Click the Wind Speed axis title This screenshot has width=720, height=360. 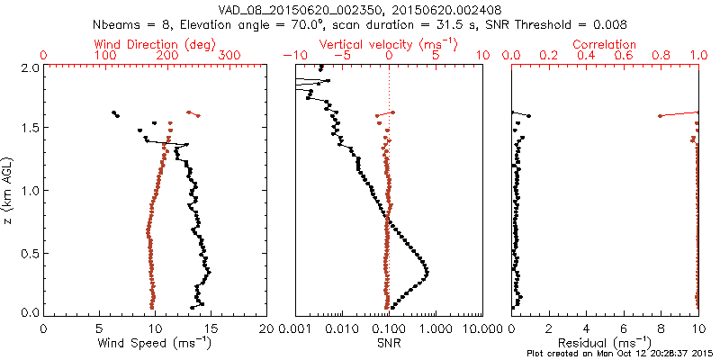pos(155,343)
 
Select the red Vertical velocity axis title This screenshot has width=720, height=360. pos(390,44)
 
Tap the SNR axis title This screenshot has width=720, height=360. pos(390,343)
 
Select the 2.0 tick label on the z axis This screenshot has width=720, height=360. pos(29,67)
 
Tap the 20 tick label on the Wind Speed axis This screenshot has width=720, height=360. pos(266,330)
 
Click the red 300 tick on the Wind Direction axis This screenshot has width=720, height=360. pos(230,56)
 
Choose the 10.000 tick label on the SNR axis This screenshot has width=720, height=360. pos(482,330)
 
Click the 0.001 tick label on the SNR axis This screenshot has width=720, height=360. pos(295,330)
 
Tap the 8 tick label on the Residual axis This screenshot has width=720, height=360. pos(661,330)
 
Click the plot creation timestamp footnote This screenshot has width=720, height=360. pos(620,354)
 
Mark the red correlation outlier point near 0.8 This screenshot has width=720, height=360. pos(661,116)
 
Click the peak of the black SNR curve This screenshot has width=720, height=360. pos(427,273)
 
